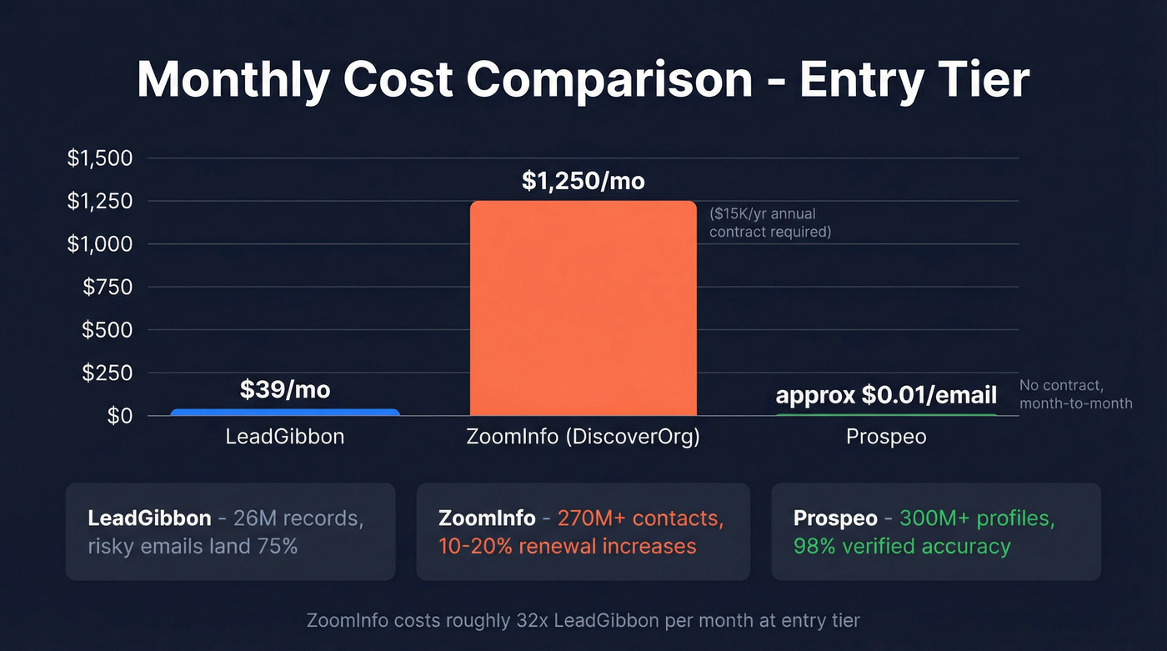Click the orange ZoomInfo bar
click(583, 308)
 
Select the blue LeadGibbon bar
click(285, 412)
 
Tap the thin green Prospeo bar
click(886, 414)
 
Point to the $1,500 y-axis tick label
click(100, 158)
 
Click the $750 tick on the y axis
click(108, 288)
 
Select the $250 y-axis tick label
click(108, 373)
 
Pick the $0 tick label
click(120, 416)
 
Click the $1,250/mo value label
click(583, 181)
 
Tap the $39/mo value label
click(285, 389)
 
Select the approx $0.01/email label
click(886, 395)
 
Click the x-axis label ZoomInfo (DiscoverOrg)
click(583, 437)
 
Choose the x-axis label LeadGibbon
click(285, 437)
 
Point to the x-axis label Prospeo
click(886, 437)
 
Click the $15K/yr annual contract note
click(769, 223)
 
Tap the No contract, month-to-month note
click(1075, 394)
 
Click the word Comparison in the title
click(609, 80)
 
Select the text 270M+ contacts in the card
click(637, 518)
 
